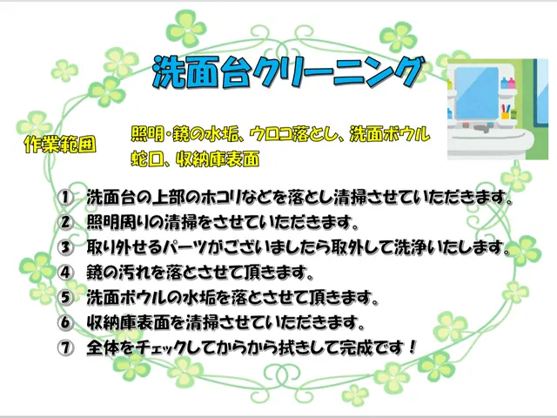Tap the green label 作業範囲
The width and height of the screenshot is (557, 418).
pyautogui.click(x=60, y=144)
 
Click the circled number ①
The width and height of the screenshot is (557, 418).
pyautogui.click(x=65, y=197)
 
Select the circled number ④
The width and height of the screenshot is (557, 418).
pyautogui.click(x=65, y=272)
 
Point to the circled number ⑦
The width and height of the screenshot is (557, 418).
pyautogui.click(x=65, y=347)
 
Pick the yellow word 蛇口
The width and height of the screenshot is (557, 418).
pyautogui.click(x=145, y=159)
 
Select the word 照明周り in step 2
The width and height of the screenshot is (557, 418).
pyautogui.click(x=118, y=222)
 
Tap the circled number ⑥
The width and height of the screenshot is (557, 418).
pyautogui.click(x=65, y=322)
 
